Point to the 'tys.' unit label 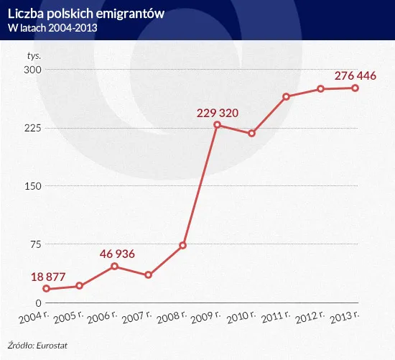pos(34,55)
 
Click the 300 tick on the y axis pos(32,70)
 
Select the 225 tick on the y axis pos(32,128)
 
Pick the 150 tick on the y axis pos(32,186)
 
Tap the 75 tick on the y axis pos(34,244)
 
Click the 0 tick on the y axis pos(37,303)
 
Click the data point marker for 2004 pos(46,289)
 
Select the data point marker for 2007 pos(149,275)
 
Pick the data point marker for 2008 pos(183,246)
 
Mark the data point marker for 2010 pos(252,134)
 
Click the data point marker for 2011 pos(286,96)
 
